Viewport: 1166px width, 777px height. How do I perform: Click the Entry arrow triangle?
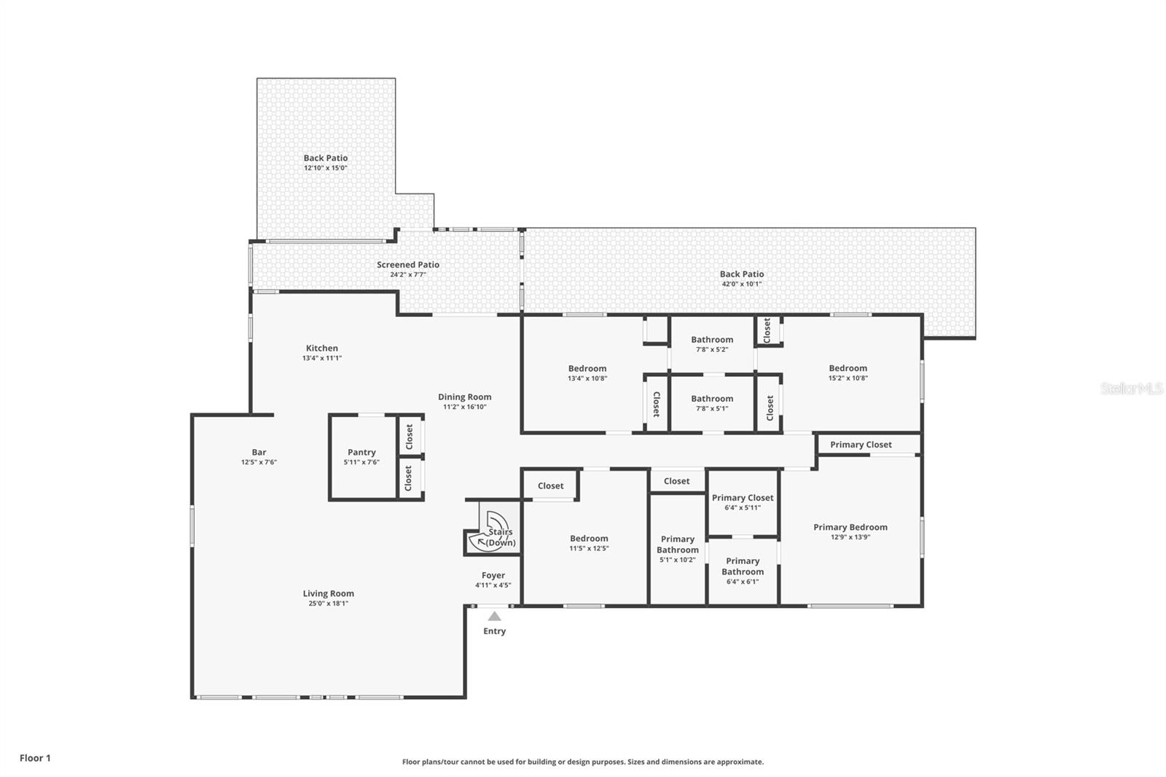[494, 617]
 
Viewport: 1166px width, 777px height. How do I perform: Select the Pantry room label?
[361, 453]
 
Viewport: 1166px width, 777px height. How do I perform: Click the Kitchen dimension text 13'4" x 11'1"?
[321, 358]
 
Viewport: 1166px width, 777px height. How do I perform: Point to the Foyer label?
[493, 576]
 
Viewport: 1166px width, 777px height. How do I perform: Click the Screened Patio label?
[407, 265]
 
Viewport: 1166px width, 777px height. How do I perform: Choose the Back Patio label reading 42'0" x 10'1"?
[741, 284]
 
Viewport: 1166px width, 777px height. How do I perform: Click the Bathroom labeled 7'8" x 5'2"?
[712, 340]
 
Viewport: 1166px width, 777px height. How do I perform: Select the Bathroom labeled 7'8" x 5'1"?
[712, 399]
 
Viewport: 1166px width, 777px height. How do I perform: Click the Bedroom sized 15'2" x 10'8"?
[848, 369]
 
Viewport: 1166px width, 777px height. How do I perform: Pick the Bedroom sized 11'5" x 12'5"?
[589, 539]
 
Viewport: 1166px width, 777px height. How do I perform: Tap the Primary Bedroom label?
[850, 527]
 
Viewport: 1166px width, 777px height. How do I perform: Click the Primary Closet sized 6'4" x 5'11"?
[743, 498]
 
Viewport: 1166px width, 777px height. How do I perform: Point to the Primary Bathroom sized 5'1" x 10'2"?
[678, 544]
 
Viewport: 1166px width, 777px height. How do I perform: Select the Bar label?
[259, 452]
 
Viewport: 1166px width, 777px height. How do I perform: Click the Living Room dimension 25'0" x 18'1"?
[328, 604]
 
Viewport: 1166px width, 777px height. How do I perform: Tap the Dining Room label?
[464, 397]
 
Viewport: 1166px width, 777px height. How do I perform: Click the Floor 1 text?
[35, 758]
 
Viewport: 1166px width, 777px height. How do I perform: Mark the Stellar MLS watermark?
[1132, 388]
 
